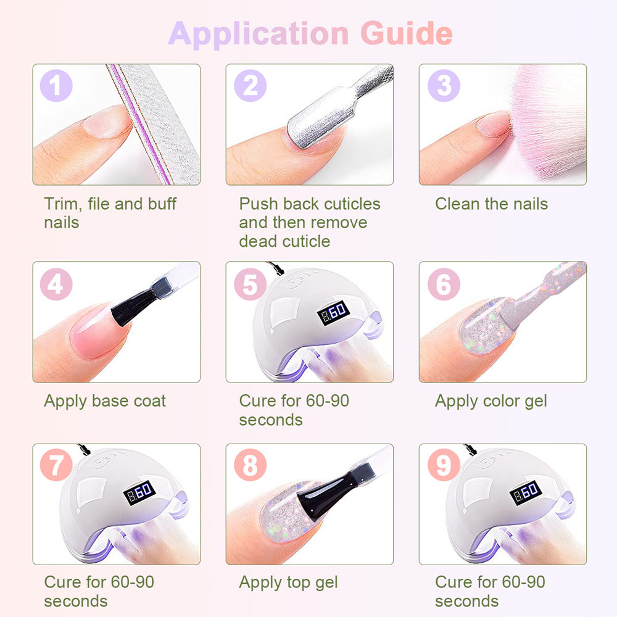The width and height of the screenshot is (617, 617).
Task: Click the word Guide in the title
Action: (407, 34)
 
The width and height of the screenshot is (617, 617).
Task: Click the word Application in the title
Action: (259, 35)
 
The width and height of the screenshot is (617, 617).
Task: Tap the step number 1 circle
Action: (56, 85)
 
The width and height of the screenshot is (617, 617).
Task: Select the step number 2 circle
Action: (251, 85)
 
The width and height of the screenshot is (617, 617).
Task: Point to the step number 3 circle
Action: (444, 85)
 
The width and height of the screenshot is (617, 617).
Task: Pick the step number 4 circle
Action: (56, 284)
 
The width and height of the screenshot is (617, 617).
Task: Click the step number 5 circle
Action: (251, 284)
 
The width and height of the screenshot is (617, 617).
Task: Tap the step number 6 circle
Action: (444, 284)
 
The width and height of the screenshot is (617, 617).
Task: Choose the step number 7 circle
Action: (56, 465)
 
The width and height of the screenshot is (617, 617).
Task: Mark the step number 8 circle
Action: (251, 465)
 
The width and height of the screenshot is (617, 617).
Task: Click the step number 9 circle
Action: (444, 465)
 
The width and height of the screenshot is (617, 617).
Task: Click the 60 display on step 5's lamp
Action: (333, 312)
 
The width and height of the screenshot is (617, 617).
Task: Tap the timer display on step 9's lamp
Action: (526, 492)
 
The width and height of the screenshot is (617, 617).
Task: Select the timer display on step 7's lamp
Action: (139, 492)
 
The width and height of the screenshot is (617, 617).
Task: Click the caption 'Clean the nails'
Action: (492, 204)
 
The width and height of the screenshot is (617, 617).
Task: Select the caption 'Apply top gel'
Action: (288, 583)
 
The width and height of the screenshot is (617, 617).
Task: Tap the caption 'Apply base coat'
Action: (105, 402)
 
